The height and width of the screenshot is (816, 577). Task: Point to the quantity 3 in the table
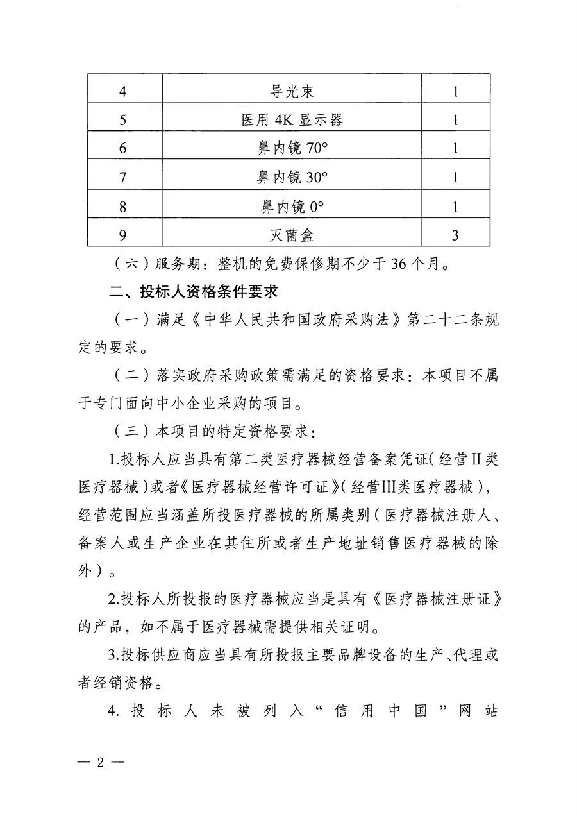(455, 235)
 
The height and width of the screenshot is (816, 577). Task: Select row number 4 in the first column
(123, 91)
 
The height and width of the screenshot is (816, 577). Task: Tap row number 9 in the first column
(123, 235)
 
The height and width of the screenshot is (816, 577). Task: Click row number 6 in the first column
(123, 148)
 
